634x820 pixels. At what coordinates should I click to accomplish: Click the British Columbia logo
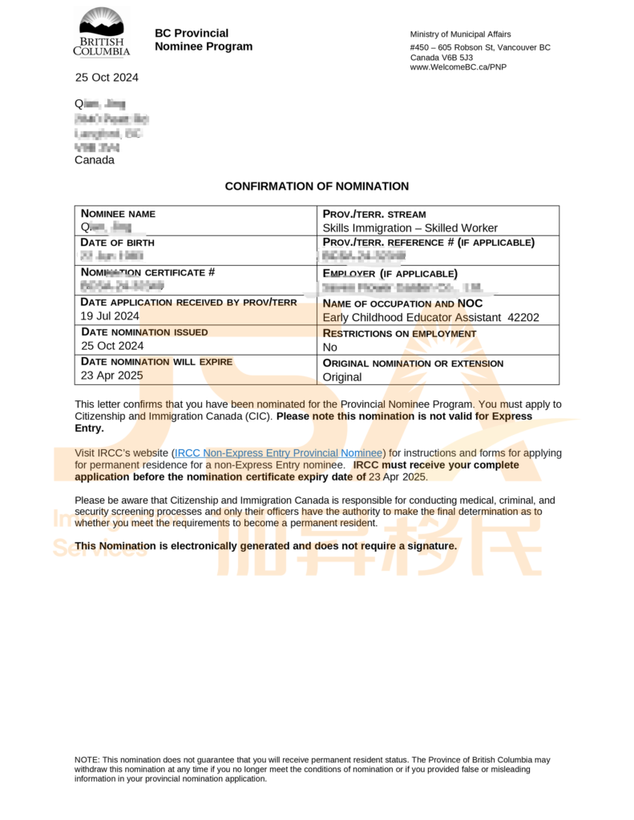tap(102, 33)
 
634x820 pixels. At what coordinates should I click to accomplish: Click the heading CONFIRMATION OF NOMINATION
tap(317, 187)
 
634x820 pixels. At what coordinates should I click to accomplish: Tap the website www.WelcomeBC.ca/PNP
tap(458, 67)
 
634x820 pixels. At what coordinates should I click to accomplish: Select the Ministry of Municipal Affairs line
tap(459, 34)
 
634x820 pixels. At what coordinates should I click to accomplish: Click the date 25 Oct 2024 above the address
tap(107, 78)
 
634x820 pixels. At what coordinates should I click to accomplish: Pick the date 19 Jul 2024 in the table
tap(110, 316)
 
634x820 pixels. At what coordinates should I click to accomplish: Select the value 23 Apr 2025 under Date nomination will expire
tap(111, 376)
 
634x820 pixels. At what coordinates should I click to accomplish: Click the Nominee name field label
tap(119, 214)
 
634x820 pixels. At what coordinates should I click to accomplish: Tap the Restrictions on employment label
tap(399, 333)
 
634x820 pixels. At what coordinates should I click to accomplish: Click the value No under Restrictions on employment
tap(329, 348)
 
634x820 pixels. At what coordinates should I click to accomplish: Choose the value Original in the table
tap(342, 377)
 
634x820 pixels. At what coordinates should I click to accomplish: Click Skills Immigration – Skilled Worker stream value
tap(410, 228)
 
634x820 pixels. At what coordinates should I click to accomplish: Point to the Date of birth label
tap(118, 243)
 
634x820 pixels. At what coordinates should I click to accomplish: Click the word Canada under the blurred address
tap(95, 160)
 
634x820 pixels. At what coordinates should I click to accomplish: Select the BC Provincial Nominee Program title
tap(203, 40)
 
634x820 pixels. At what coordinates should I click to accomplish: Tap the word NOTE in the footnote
tap(87, 759)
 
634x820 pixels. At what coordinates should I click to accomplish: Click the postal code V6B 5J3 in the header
tap(454, 58)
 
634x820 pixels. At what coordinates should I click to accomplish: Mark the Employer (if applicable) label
tap(390, 273)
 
